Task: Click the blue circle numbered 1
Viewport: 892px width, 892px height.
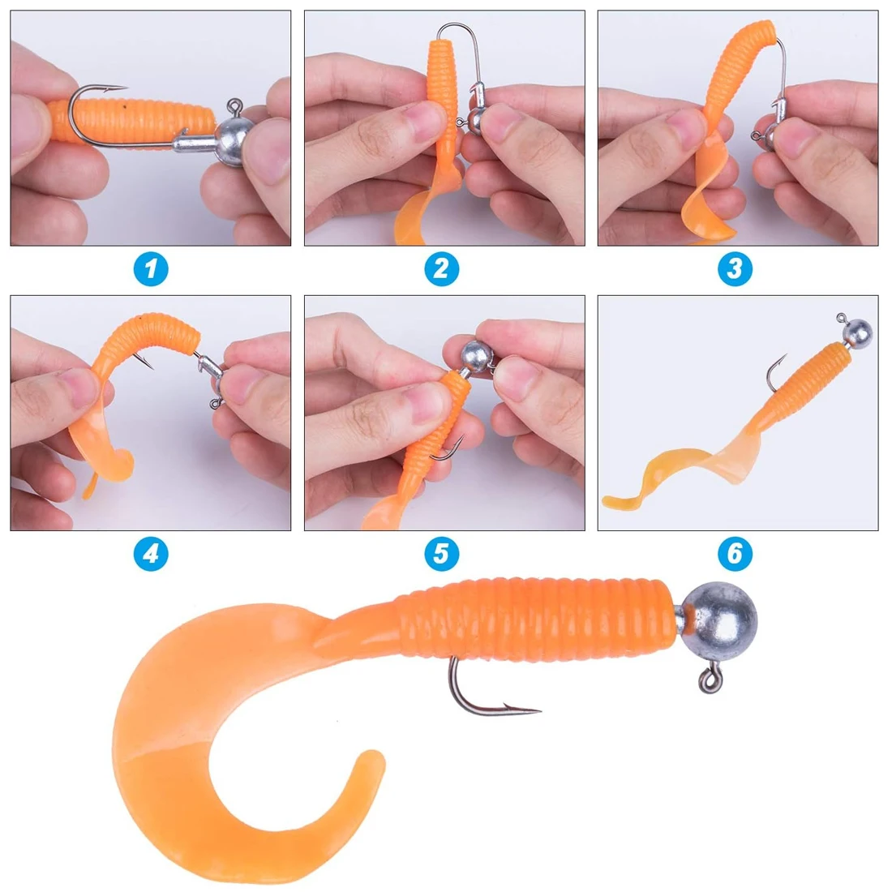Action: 150,269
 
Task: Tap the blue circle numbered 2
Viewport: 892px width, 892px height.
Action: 441,269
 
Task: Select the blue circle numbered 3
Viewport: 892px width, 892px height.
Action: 735,269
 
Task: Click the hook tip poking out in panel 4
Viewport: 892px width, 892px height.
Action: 151,366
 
